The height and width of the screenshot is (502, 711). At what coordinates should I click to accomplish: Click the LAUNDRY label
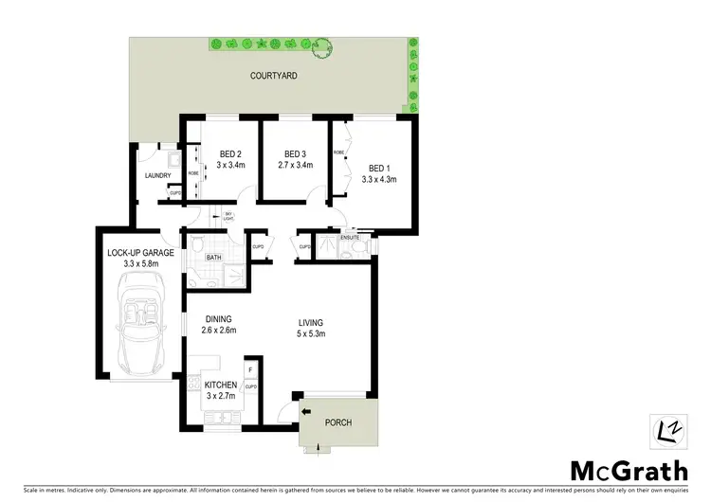(x=156, y=176)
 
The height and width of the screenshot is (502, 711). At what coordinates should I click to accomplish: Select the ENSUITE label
(x=351, y=237)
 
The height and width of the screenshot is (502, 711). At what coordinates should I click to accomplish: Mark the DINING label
(x=216, y=319)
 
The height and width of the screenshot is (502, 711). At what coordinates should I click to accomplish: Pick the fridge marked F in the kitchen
(x=250, y=370)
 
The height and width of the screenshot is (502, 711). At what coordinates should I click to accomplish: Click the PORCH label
(x=339, y=423)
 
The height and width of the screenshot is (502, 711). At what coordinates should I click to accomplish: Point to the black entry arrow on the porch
(x=306, y=411)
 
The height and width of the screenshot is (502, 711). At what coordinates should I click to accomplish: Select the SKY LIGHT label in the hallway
(x=228, y=217)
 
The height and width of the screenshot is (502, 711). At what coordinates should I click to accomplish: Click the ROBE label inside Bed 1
(x=338, y=152)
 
